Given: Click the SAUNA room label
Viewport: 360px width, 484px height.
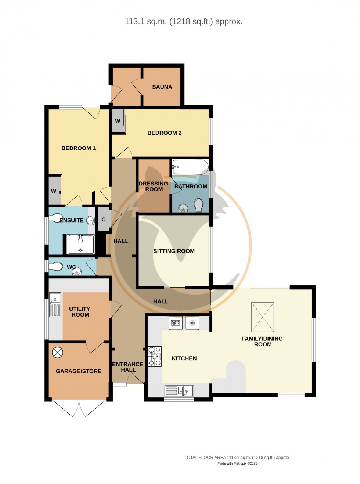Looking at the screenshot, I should (x=162, y=87).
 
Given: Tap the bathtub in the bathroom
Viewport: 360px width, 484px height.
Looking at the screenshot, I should (x=190, y=167).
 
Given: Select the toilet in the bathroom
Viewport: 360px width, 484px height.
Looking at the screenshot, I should (x=198, y=206).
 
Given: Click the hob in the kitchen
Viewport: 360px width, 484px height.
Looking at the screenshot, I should (x=154, y=356).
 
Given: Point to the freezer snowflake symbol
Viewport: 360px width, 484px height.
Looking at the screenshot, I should (x=192, y=323).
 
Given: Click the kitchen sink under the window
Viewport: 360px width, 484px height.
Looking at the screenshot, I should (x=179, y=391).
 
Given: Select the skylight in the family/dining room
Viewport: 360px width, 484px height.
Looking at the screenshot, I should (x=263, y=317).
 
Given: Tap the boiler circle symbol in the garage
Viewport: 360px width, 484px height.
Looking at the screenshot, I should (x=58, y=353).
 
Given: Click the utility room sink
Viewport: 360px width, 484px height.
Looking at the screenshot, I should (x=55, y=304).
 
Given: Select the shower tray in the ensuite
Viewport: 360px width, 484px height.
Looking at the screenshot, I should (x=80, y=245).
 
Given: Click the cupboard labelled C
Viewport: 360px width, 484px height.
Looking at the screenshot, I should (x=104, y=220).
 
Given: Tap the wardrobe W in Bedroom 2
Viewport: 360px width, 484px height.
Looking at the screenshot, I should (x=118, y=121).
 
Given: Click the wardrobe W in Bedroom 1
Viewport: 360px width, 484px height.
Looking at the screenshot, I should (x=54, y=191).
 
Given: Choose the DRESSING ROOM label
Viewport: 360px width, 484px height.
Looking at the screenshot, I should (x=154, y=187).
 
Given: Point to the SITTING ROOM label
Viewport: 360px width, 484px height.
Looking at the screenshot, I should (x=174, y=251).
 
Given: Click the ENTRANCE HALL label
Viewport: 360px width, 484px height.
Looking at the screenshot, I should (x=128, y=367).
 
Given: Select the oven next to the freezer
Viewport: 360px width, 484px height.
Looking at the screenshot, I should (x=176, y=323).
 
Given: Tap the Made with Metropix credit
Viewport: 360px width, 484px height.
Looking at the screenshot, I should (x=237, y=463).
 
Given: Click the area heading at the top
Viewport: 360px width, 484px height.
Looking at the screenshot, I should (x=183, y=22).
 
